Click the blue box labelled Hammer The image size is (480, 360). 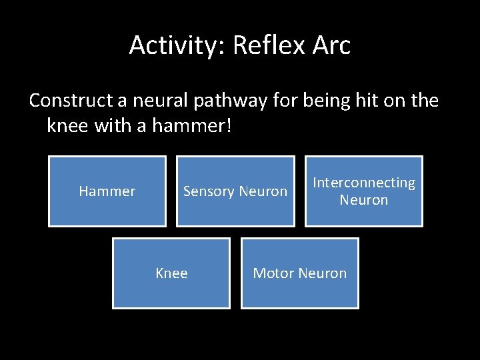[x=107, y=191]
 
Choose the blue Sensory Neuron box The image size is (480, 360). [x=235, y=191]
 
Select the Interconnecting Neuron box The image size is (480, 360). [x=364, y=191]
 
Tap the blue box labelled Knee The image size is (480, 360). [x=171, y=273]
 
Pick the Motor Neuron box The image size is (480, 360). [x=299, y=273]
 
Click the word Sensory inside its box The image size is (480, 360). [x=209, y=191]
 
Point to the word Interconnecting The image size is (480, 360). [x=364, y=183]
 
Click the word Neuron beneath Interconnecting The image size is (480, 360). [x=364, y=200]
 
